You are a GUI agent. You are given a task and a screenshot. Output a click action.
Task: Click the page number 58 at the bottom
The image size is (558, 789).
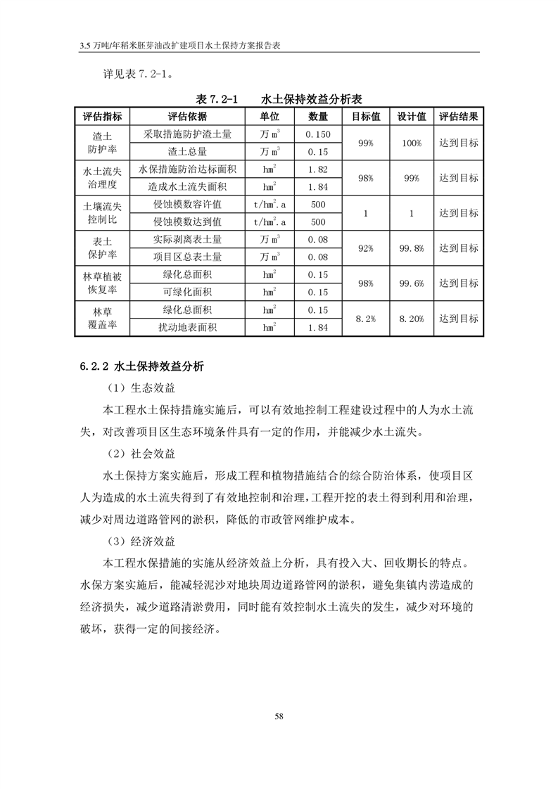[279, 716]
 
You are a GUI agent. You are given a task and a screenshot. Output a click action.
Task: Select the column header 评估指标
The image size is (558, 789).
[103, 117]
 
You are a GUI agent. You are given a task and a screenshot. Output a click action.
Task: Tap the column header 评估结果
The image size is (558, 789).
[459, 117]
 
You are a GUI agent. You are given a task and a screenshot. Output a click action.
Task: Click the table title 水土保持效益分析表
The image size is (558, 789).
[312, 99]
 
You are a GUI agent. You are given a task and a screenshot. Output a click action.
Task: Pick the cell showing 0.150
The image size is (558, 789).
[318, 134]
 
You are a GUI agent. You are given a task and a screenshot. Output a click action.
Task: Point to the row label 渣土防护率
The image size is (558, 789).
[103, 142]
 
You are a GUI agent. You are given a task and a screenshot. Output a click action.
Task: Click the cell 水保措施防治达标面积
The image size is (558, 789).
[188, 169]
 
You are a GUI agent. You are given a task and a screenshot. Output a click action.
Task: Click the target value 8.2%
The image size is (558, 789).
[365, 319]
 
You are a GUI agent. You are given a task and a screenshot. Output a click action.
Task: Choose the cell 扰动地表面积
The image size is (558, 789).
[188, 327]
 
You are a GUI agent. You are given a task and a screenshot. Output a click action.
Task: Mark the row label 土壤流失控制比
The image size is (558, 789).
[103, 212]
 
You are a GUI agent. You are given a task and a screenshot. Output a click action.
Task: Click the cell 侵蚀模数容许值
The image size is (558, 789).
[188, 204]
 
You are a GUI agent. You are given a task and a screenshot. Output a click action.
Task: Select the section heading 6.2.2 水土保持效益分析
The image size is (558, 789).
[141, 366]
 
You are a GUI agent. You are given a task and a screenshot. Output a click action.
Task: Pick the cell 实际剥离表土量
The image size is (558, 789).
[188, 239]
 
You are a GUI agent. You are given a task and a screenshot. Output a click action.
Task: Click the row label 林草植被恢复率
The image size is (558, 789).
[103, 283]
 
